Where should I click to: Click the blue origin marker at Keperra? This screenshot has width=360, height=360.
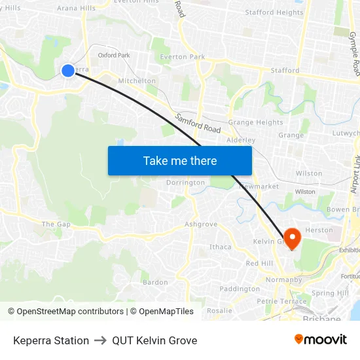pos(68,71)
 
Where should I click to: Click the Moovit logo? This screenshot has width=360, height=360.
pos(321,340)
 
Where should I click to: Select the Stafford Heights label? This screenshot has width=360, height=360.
pos(274,12)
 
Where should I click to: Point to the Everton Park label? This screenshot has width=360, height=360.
pos(183,57)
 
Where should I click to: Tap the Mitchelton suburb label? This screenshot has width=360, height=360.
pos(137,81)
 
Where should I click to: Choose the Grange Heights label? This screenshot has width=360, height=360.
pos(255,122)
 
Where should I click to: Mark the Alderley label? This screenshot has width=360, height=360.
pos(240,140)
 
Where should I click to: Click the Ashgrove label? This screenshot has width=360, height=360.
pos(200,224)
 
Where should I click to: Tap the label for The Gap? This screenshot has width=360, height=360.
pos(56,224)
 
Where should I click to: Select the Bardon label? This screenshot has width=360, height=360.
pos(155,282)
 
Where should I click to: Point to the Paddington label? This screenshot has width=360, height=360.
pos(240,289)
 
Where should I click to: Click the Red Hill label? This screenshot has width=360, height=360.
pos(259,263)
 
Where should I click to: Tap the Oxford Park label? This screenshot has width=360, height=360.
pos(114,56)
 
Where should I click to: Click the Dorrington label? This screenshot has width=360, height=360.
pos(185,183)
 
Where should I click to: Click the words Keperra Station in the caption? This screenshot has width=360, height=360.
pos(51,340)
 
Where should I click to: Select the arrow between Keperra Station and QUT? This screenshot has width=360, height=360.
pos(100,340)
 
